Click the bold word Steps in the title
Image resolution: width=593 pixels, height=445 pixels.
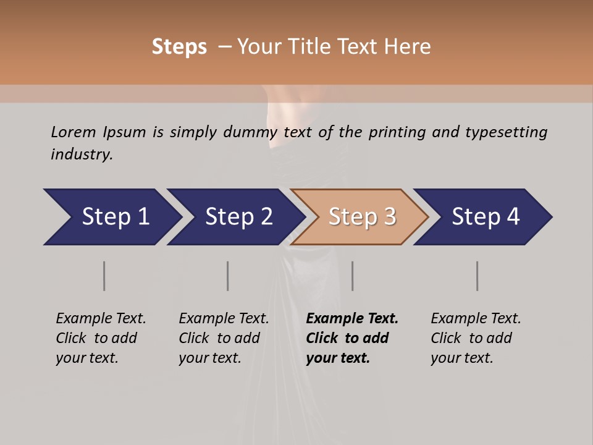pyautogui.click(x=179, y=46)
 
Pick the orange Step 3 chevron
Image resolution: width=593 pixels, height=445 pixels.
pyautogui.click(x=360, y=217)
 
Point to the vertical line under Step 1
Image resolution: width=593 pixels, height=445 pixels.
pyautogui.click(x=104, y=276)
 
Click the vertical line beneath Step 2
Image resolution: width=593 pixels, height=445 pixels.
pyautogui.click(x=227, y=276)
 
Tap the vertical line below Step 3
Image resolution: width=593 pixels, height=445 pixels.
pyautogui.click(x=352, y=276)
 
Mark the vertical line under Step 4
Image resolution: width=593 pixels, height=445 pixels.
pyautogui.click(x=477, y=276)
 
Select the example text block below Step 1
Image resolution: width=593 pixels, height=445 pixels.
pyautogui.click(x=101, y=338)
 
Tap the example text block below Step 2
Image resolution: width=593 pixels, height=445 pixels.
pyautogui.click(x=224, y=338)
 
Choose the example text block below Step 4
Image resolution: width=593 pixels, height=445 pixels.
pyautogui.click(x=476, y=338)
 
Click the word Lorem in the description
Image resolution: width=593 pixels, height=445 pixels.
pyautogui.click(x=74, y=132)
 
